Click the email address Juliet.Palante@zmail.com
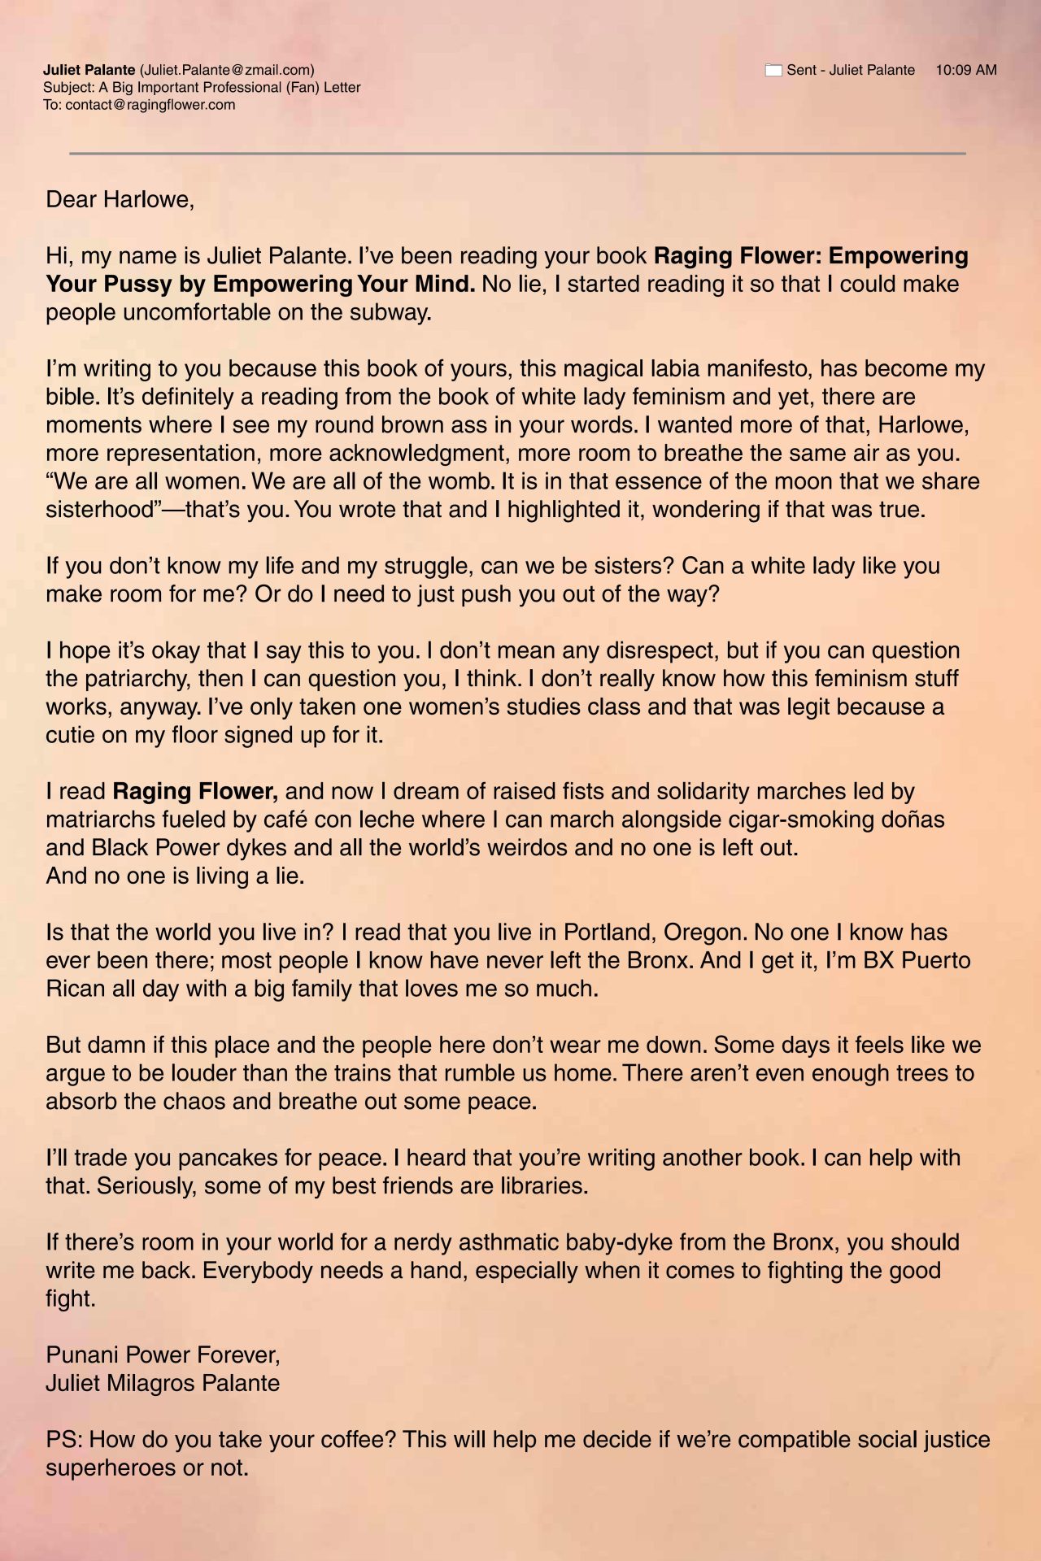pos(227,70)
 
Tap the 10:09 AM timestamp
pos(965,70)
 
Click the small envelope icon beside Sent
pos(773,70)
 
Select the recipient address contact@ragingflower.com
pos(150,105)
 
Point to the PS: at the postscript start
pos(63,1440)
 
